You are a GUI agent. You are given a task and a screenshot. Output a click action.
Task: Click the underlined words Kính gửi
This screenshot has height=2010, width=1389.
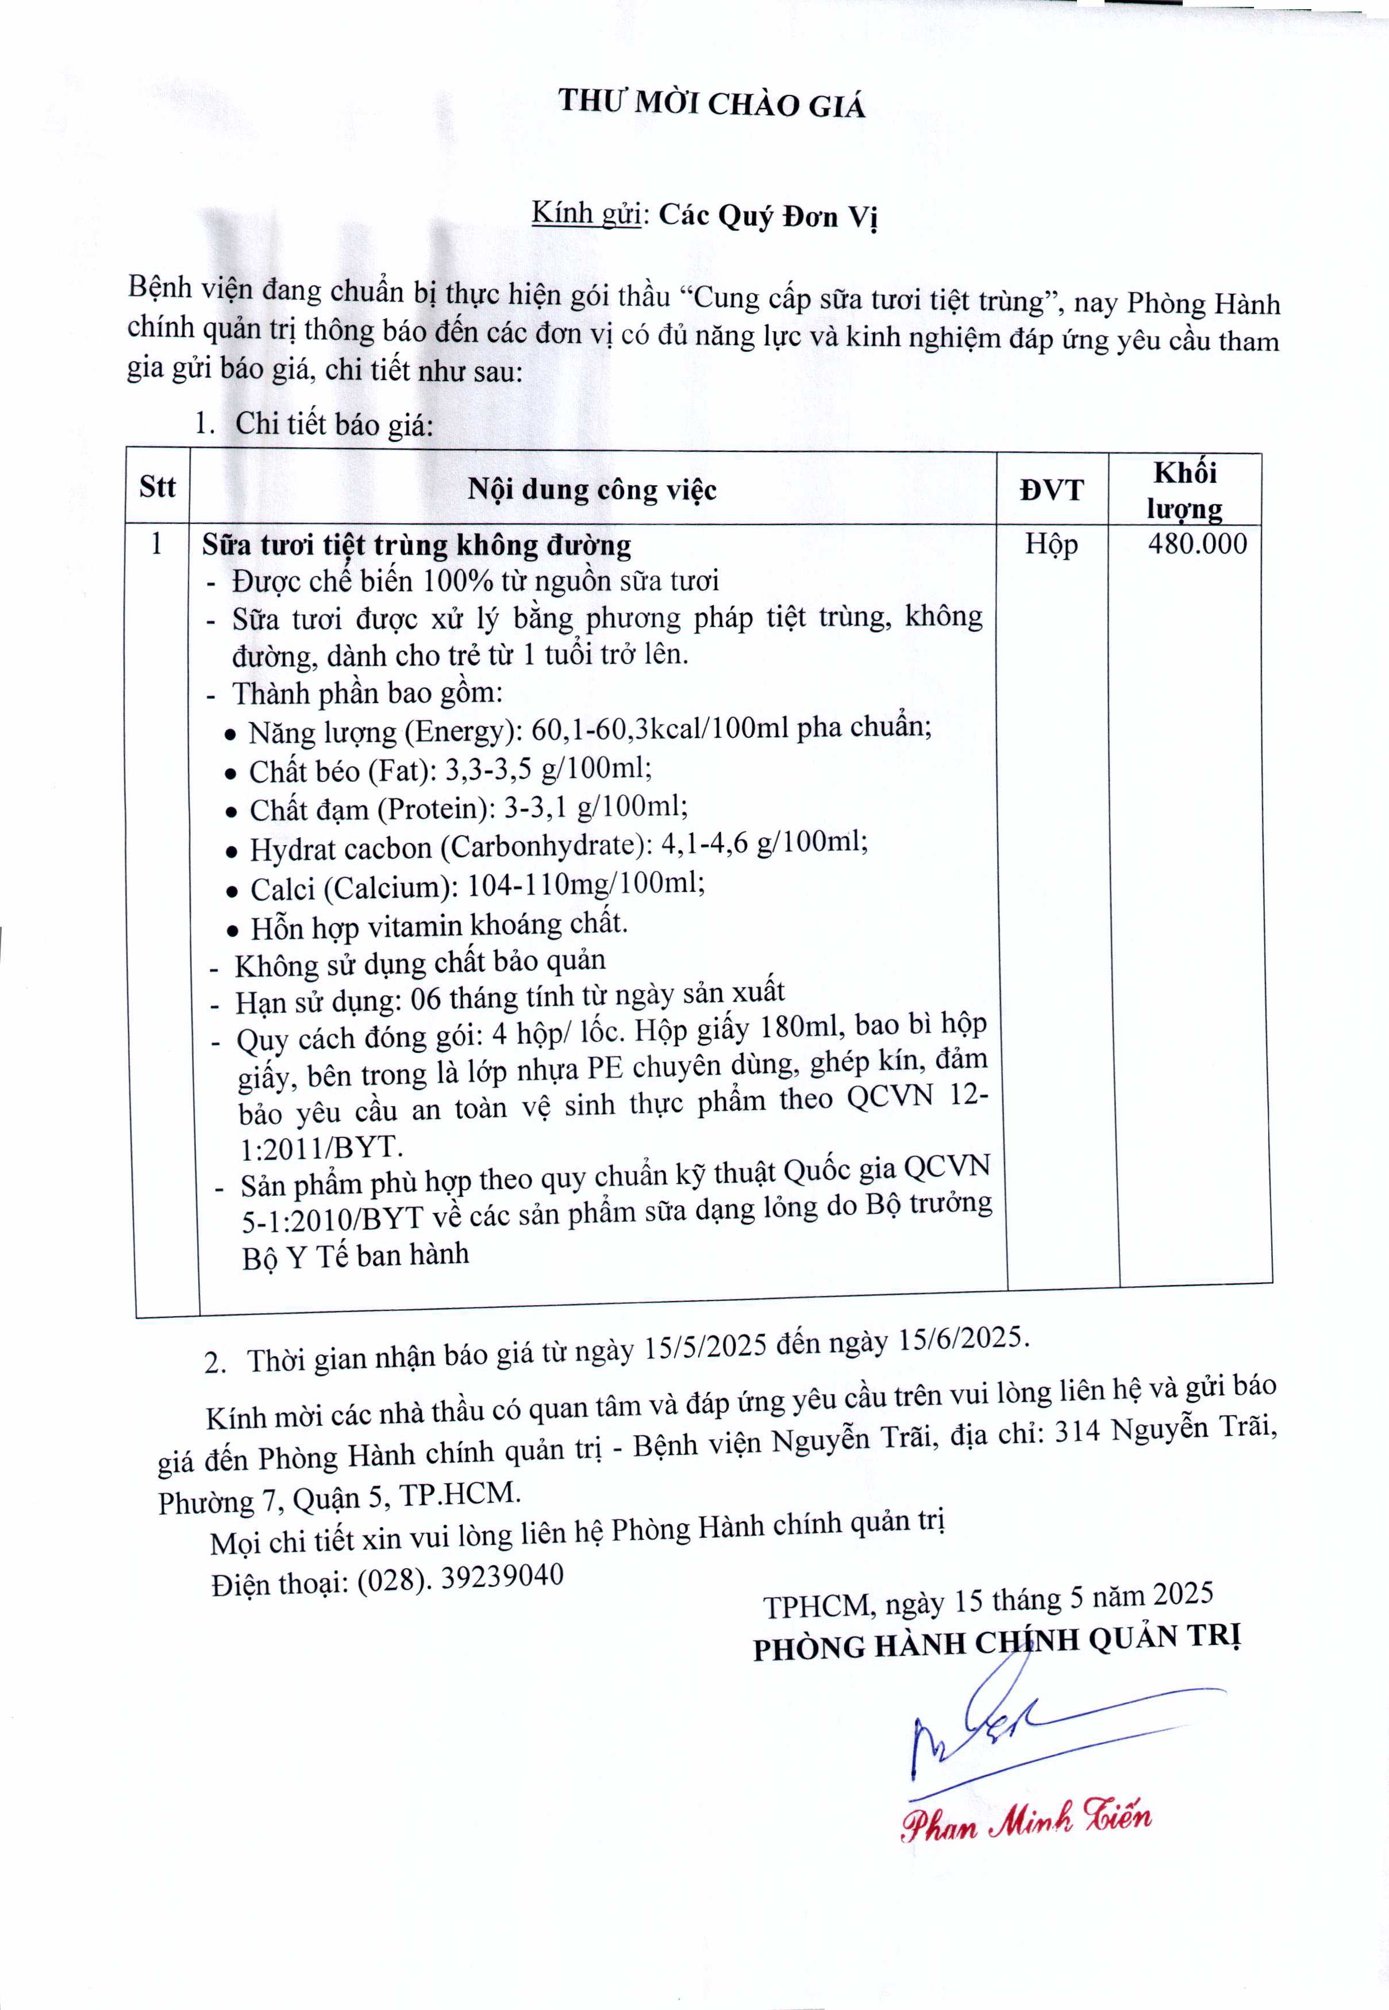586,213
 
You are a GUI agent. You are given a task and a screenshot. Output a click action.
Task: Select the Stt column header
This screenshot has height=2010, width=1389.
157,486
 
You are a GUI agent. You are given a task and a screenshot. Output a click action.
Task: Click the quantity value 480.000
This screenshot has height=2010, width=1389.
1196,544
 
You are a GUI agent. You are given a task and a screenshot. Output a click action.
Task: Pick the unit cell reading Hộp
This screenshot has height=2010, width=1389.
1051,544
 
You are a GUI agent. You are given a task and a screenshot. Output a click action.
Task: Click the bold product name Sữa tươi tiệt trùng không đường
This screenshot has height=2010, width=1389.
416,546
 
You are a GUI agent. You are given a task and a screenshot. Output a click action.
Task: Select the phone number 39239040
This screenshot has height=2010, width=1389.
502,1575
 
